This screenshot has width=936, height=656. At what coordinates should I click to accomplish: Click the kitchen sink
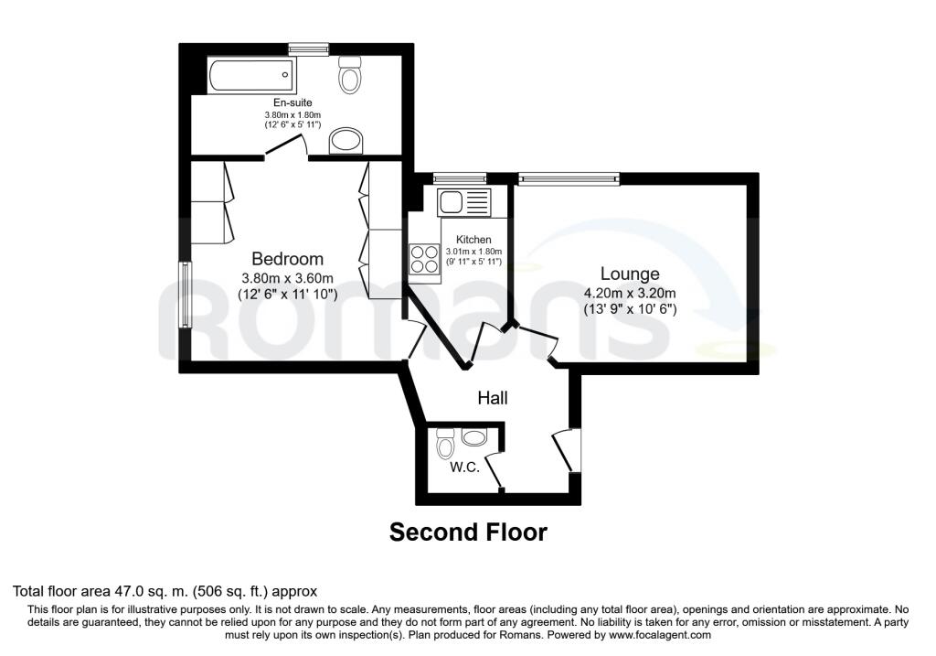(x=463, y=200)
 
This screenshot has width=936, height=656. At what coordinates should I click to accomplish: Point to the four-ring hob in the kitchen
(x=422, y=259)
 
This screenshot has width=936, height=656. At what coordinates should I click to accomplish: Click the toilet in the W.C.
(x=445, y=446)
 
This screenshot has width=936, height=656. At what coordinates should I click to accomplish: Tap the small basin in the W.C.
(x=474, y=438)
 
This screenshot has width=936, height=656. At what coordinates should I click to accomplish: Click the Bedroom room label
(x=287, y=259)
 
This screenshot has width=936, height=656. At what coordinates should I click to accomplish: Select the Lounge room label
(x=630, y=274)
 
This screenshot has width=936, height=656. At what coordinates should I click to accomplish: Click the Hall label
(x=493, y=398)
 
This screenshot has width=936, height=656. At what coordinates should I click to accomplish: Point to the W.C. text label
(x=465, y=468)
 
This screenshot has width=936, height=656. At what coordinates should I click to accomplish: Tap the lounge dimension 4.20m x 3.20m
(x=630, y=294)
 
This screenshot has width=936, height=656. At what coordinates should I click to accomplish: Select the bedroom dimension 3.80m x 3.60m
(x=287, y=279)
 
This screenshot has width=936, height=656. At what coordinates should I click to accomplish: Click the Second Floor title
(x=468, y=532)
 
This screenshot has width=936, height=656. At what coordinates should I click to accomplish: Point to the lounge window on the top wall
(x=568, y=177)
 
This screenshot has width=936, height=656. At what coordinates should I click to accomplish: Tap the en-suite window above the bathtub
(x=307, y=48)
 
